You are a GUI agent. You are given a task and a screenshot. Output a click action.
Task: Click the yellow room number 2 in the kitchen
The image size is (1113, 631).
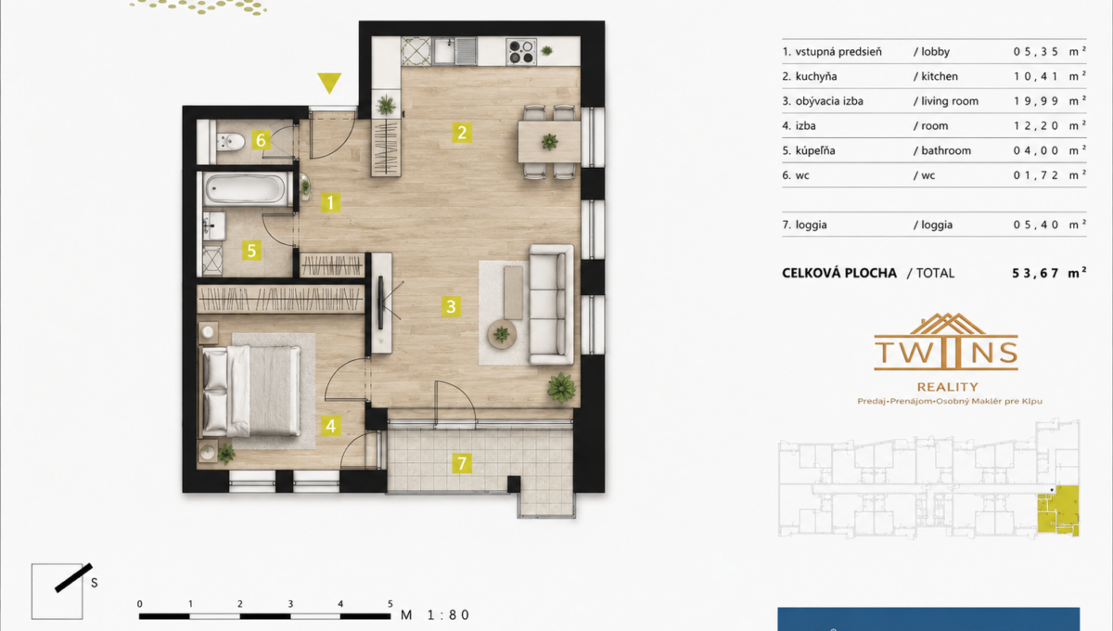[462, 133]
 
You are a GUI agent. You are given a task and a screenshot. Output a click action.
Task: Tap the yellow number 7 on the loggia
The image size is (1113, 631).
[462, 463]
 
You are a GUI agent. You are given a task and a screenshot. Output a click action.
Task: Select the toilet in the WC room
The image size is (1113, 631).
[231, 142]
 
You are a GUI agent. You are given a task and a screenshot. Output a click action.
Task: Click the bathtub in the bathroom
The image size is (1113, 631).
[245, 189]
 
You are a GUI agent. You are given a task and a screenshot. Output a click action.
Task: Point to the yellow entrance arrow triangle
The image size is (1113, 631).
[329, 82]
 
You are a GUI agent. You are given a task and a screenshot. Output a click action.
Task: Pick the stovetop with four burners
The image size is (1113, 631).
[520, 51]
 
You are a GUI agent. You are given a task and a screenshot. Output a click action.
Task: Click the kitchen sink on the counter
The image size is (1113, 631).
[454, 51]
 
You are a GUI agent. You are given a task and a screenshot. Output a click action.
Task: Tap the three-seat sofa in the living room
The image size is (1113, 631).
[551, 304]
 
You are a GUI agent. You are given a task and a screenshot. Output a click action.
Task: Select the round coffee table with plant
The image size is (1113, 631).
[502, 335]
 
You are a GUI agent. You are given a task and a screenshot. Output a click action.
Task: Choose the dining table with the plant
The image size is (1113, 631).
[549, 142]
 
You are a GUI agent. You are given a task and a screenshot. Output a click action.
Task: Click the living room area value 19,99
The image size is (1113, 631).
[1036, 101]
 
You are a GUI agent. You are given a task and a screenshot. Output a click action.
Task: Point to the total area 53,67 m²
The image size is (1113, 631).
[1049, 273]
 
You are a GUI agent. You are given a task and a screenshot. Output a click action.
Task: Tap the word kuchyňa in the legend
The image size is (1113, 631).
[816, 77]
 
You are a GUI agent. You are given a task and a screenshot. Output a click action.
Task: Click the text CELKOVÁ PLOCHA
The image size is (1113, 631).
[839, 273]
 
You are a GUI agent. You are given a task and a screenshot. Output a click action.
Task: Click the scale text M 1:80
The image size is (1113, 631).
[435, 615]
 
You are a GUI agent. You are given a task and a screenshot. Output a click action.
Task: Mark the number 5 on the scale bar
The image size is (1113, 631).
[390, 604]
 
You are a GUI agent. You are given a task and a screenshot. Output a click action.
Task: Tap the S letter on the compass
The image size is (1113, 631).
[94, 583]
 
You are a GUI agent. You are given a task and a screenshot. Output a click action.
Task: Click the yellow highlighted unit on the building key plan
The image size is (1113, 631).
[1058, 510]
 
